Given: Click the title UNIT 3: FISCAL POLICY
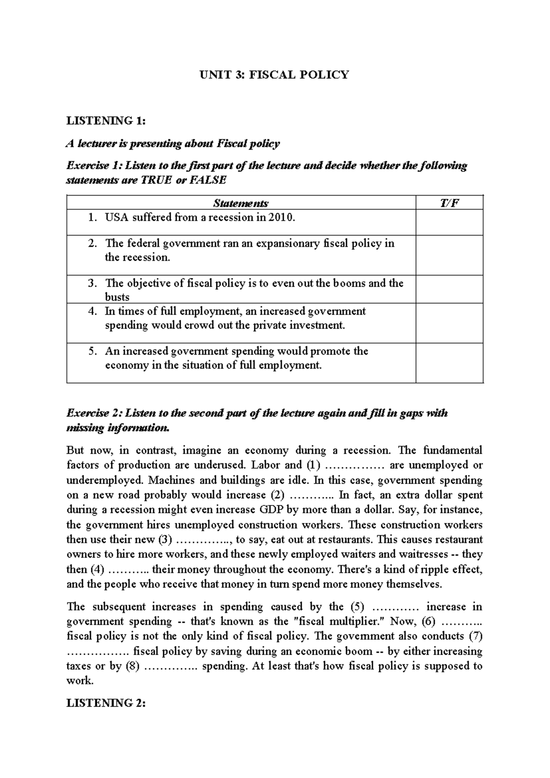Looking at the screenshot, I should point(275,75).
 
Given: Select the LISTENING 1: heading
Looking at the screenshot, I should point(106,121).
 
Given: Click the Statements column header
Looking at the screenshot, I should point(241,203).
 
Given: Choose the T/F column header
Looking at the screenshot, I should point(449,203).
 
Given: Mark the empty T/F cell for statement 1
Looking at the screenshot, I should point(449,222).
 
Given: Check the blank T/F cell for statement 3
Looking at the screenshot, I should point(449,289).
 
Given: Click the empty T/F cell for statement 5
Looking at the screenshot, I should point(449,362).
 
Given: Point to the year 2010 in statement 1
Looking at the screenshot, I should point(280,217).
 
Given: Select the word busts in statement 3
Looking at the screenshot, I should point(117,297).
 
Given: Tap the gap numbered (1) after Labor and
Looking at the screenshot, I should point(355,466).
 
